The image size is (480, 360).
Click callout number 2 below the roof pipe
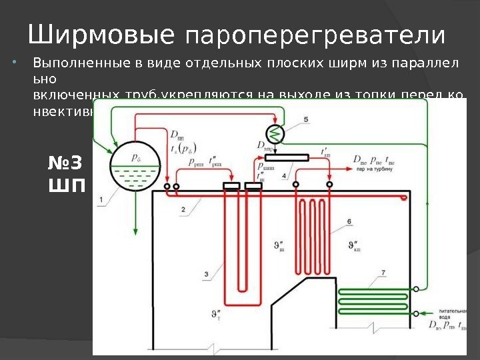click(x=183, y=209)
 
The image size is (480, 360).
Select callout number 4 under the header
click(x=285, y=175)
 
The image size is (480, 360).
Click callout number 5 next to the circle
click(x=306, y=119)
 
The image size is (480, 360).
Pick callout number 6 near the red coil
click(x=349, y=221)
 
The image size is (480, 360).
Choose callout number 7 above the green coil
click(x=383, y=272)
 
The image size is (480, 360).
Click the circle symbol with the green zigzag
click(x=275, y=133)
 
